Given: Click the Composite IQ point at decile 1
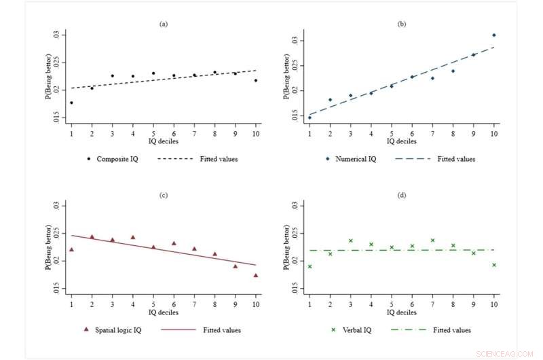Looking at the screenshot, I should click(71, 103).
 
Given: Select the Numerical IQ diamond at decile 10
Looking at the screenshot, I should click(494, 35).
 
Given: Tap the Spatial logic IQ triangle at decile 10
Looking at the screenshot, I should click(256, 275).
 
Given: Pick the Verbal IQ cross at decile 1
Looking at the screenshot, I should click(310, 266).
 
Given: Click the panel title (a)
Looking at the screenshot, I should click(164, 24).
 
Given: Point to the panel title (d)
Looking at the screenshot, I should click(402, 196).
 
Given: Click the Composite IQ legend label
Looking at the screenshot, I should click(119, 159).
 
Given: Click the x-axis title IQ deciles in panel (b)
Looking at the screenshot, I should click(402, 141).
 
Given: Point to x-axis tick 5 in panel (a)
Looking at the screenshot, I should click(153, 132).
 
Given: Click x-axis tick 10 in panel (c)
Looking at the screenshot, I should click(256, 304).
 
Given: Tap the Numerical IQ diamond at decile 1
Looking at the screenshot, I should click(310, 118).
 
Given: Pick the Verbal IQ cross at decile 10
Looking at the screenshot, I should click(494, 265).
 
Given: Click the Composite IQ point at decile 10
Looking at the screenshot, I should click(256, 81).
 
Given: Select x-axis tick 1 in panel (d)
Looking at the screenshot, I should click(310, 304).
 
